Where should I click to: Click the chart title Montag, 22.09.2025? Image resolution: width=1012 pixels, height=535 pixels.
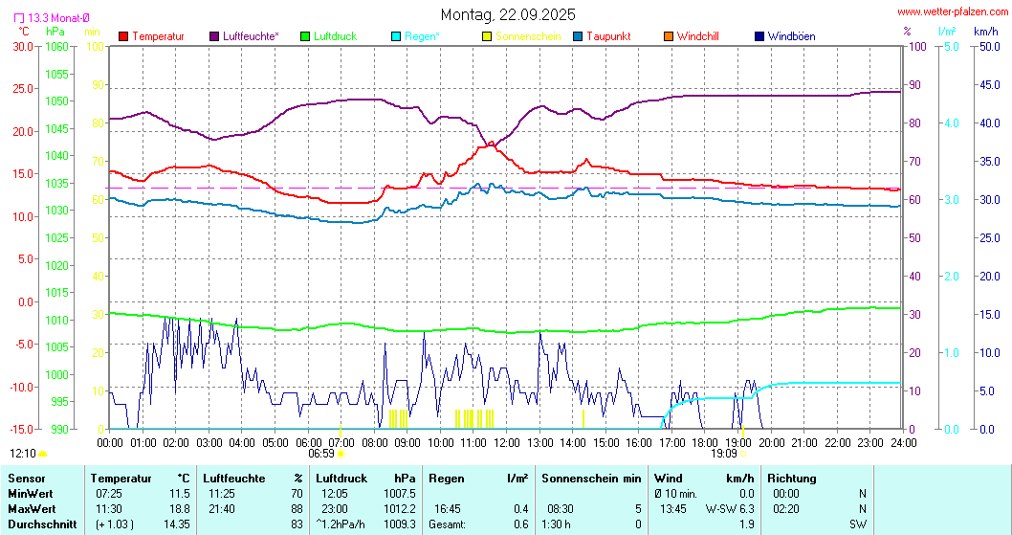coord(508,14)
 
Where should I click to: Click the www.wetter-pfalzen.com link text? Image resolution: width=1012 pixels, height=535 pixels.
coord(951,12)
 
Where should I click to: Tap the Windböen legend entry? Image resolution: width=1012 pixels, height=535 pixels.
coord(791,36)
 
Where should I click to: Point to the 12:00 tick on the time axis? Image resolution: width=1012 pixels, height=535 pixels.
coord(507,442)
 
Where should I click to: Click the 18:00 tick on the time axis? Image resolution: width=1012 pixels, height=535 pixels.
coord(705,442)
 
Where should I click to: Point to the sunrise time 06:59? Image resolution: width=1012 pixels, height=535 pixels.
coord(321,454)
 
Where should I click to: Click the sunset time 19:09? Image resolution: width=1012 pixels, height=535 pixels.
coord(724,454)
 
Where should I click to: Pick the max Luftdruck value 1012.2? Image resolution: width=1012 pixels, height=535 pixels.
coord(398,508)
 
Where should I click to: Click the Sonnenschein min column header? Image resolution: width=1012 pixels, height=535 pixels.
coord(590,478)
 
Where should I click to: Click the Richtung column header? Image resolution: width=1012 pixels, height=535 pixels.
coord(791,478)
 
